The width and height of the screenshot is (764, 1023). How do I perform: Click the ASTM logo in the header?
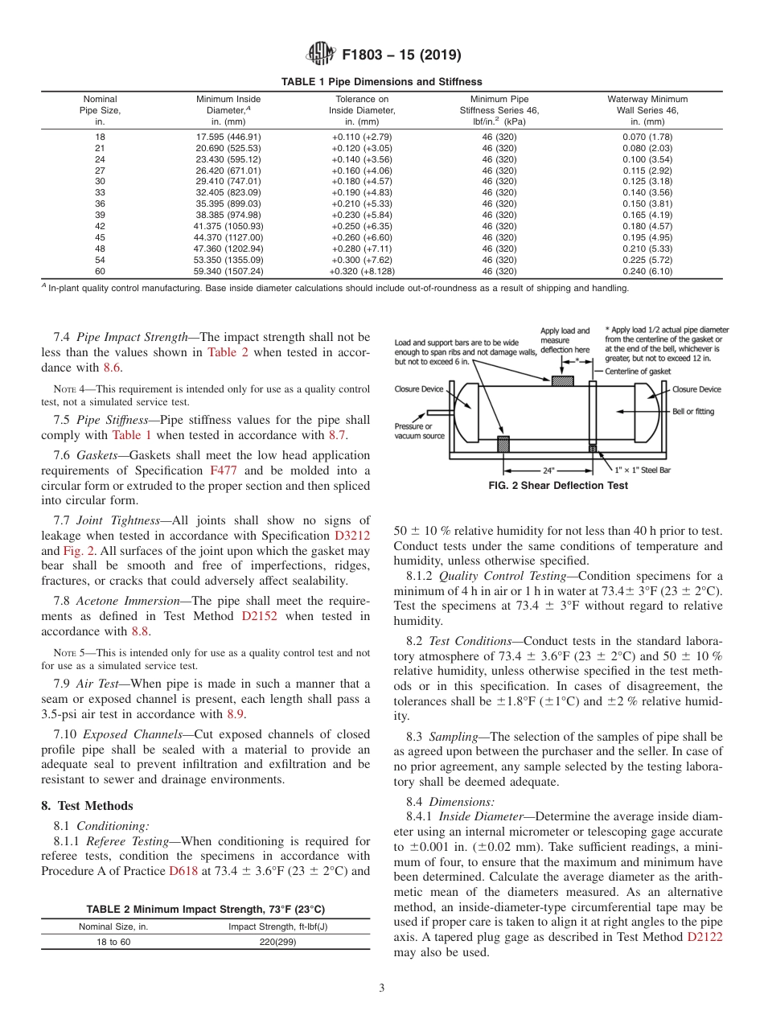point(320,55)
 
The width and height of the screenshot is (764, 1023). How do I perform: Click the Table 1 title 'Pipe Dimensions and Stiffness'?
point(381,81)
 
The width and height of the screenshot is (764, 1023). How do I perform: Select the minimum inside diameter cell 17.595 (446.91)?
point(228,137)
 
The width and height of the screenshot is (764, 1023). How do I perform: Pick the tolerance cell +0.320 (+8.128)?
point(362,271)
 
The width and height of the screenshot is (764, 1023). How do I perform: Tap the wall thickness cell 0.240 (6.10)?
point(647,271)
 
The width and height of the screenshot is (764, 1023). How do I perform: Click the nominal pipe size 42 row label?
point(101,226)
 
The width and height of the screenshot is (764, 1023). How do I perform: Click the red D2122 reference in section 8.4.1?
point(704,938)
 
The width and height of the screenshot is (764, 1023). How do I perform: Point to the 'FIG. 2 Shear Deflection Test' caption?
point(558,486)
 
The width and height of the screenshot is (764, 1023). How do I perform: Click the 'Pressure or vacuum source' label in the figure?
point(420,430)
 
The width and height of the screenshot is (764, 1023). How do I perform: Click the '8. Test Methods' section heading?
point(88,806)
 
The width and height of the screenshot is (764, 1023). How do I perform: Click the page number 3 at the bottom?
point(381,988)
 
